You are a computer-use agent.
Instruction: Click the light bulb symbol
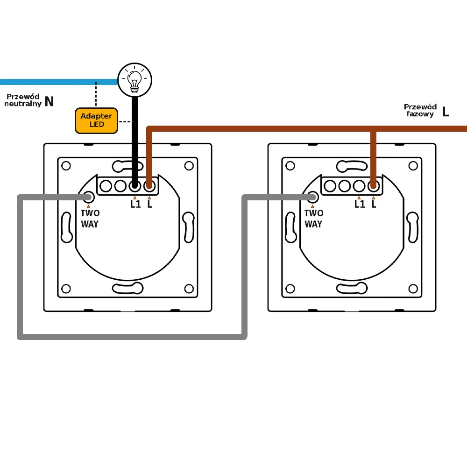[x=134, y=80]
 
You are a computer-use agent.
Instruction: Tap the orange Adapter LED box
[x=96, y=120]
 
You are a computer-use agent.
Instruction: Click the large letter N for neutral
[x=49, y=101]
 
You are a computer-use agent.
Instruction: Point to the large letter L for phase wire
[x=445, y=111]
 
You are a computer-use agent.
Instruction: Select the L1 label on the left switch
[x=135, y=204]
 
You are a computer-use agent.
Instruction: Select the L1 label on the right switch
[x=359, y=204]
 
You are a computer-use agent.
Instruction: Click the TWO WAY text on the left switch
[x=90, y=219]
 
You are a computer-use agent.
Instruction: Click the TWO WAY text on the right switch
[x=314, y=219]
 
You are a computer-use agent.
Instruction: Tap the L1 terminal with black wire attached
[x=135, y=186]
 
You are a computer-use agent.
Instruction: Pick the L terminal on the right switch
[x=373, y=186]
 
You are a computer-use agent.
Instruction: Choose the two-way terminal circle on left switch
[x=87, y=198]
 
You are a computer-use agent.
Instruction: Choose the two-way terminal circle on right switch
[x=312, y=198]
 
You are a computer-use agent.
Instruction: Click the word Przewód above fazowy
[x=420, y=107]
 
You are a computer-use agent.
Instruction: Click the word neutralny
[x=22, y=104]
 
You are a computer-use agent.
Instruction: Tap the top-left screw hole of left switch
[x=66, y=165]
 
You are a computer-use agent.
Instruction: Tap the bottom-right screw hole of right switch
[x=413, y=289]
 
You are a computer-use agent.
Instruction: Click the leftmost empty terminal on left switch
[x=106, y=186]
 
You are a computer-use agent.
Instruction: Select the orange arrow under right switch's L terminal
[x=373, y=198]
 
